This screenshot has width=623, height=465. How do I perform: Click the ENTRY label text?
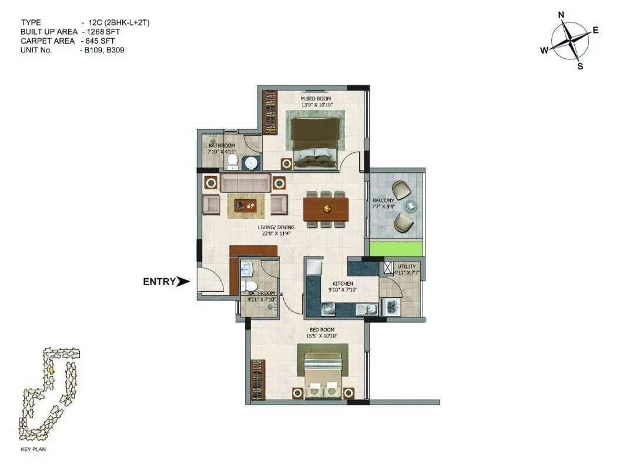159,282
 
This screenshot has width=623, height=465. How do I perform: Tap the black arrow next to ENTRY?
184,282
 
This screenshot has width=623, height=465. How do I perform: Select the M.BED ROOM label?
317,98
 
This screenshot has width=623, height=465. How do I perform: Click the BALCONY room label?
383,200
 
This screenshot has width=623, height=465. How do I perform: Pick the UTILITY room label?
406,266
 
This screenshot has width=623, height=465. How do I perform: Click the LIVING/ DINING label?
276,227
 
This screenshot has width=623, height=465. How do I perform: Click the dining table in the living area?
326,209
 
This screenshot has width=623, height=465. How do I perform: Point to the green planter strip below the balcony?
396,249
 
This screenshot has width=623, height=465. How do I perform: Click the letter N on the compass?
561,15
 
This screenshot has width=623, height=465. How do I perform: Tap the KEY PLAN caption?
34,449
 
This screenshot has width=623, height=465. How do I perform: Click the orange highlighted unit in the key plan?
51,371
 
